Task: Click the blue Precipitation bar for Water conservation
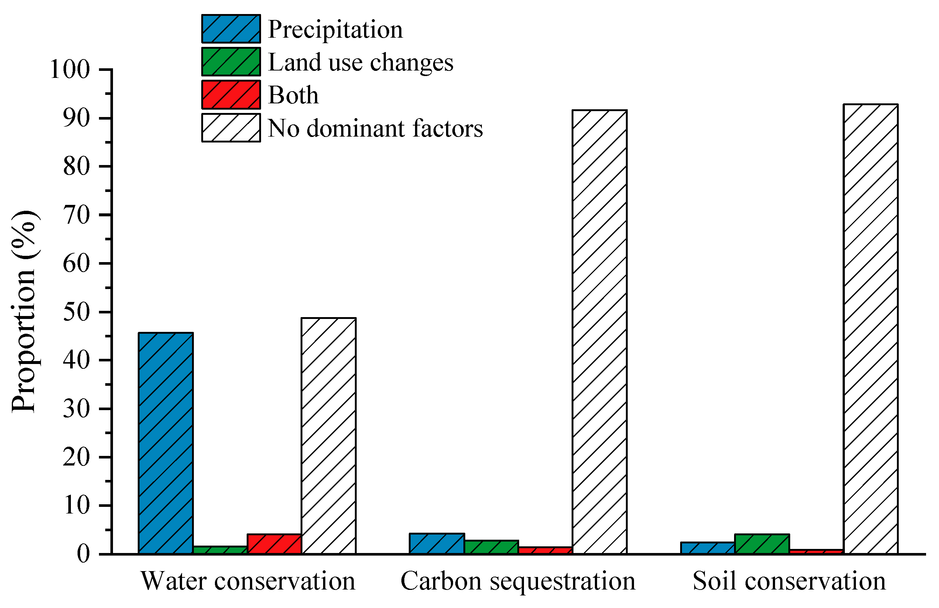pos(166,443)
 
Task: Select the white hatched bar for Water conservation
pos(328,436)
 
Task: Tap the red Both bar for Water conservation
pos(274,544)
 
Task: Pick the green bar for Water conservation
pos(220,550)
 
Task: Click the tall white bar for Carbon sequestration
pos(599,332)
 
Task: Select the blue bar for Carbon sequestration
pos(437,544)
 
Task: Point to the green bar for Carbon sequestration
pos(491,547)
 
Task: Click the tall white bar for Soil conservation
pos(870,329)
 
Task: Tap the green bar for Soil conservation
pos(762,544)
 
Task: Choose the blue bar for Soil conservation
pos(708,548)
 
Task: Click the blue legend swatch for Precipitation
pos(231,29)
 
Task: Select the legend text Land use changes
pos(361,62)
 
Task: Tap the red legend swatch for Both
pos(231,95)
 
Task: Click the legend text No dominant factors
pos(375,128)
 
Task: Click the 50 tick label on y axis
pos(76,312)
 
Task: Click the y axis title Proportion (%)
pos(24,312)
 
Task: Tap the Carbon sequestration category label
pos(518,581)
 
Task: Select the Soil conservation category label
pos(789,581)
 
